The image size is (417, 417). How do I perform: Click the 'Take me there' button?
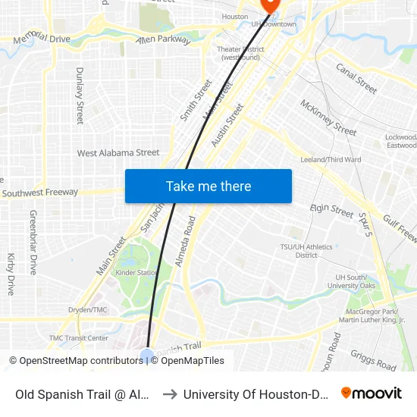208,187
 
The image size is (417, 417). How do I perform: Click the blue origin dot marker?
147,355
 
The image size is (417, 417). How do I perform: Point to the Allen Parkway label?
163,39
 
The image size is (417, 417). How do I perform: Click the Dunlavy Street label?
80,96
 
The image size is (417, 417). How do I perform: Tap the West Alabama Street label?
118,153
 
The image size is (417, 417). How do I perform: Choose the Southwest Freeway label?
39,193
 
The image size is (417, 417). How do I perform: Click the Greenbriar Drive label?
33,243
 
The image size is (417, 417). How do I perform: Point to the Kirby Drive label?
11,274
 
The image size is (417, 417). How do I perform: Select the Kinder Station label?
137,272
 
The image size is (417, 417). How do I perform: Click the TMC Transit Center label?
79,338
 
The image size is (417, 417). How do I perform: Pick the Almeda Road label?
186,241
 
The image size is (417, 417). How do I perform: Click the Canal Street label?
356,78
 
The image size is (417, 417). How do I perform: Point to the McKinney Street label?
328,118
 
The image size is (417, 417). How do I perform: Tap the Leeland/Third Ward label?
331,160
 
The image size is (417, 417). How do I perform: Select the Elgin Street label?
332,211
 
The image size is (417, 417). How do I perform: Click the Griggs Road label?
373,360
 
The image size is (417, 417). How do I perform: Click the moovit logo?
372,393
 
